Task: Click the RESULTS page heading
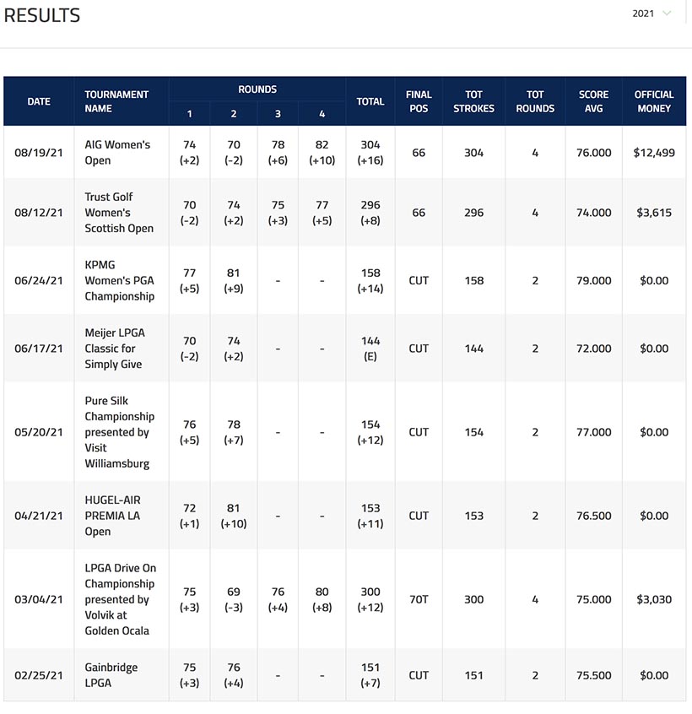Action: (42, 15)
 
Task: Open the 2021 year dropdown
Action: (651, 14)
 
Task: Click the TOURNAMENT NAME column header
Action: (116, 101)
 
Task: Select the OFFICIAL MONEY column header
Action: (654, 101)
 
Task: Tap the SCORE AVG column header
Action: (593, 101)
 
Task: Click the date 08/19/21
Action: (39, 153)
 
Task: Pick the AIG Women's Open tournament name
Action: (117, 153)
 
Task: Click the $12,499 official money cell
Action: (654, 153)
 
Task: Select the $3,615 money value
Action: (654, 213)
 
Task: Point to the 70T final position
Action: (419, 599)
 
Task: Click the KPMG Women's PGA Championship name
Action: (119, 280)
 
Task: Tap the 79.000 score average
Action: (593, 280)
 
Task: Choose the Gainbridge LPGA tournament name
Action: (111, 675)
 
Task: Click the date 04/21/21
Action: (39, 516)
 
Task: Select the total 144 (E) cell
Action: (370, 349)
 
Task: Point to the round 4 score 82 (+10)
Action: (322, 153)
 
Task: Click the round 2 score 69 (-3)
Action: (234, 599)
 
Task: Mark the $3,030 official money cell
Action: (654, 599)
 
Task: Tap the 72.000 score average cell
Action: (593, 349)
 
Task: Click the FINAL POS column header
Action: (419, 101)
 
